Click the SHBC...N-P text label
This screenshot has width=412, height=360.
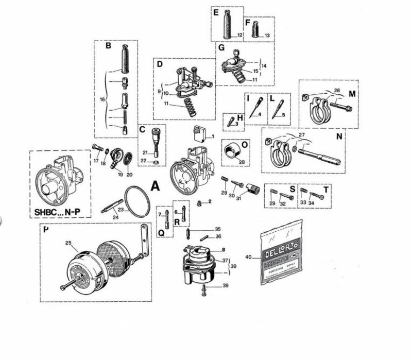tap(59, 211)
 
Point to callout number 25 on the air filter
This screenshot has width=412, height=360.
tap(67, 243)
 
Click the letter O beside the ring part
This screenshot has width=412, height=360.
tap(244, 145)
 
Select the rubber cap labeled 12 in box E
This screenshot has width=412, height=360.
tap(226, 23)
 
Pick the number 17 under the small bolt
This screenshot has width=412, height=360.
tap(96, 161)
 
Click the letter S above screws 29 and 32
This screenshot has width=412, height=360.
tap(291, 190)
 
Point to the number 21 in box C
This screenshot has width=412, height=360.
tap(145, 152)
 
